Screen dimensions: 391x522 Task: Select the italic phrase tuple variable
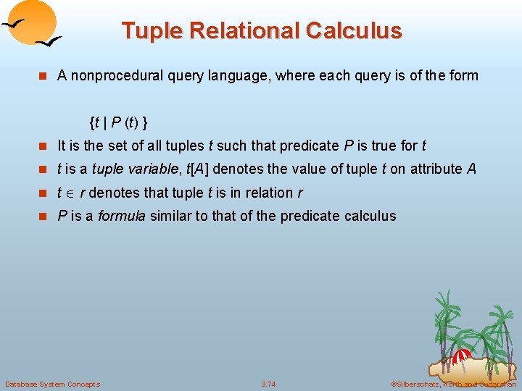coord(132,169)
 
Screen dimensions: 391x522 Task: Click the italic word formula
coord(122,216)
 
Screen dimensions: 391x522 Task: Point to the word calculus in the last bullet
coord(370,216)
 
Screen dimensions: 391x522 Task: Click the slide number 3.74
coord(268,383)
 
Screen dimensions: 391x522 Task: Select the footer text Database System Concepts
coord(52,383)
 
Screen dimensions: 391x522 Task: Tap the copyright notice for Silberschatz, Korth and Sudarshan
coord(452,383)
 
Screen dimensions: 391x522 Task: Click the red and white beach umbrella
coord(461,356)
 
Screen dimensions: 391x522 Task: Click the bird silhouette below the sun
coord(49,43)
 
